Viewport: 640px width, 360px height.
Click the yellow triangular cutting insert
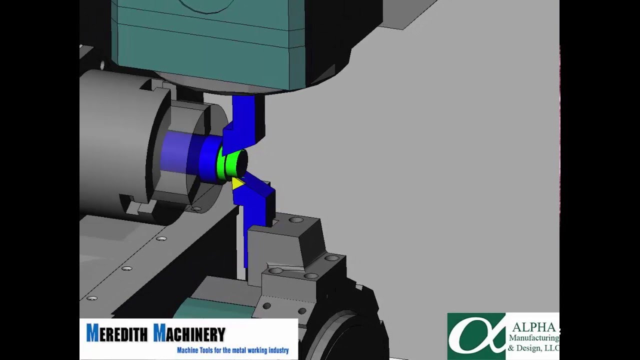[x=237, y=183]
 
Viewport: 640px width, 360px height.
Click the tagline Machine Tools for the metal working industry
[x=232, y=350]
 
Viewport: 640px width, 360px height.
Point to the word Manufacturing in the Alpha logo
[x=533, y=338]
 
